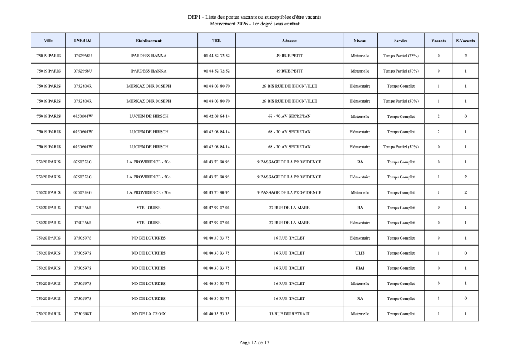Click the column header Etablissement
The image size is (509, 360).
[148, 41]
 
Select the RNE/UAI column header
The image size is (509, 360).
[82, 41]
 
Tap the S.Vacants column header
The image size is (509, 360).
[465, 41]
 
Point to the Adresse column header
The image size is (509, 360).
[289, 41]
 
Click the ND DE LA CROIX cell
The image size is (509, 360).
[148, 313]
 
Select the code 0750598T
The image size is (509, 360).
[82, 313]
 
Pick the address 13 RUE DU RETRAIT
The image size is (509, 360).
[289, 313]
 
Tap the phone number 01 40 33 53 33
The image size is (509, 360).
[217, 313]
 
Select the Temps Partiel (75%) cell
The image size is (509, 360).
[401, 56]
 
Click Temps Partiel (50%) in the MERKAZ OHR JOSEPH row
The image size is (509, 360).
[401, 101]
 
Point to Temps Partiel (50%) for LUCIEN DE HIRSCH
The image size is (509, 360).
[401, 146]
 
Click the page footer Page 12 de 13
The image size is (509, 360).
[254, 342]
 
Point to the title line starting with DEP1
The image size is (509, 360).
[254, 17]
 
